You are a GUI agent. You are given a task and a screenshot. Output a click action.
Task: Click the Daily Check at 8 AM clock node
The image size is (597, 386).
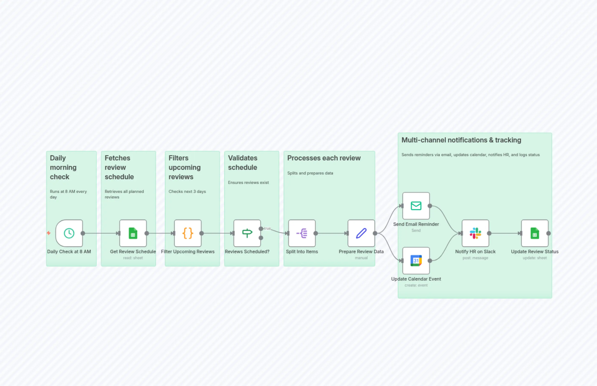click(69, 233)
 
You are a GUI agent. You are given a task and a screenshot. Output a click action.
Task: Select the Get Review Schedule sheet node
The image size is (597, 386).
click(133, 233)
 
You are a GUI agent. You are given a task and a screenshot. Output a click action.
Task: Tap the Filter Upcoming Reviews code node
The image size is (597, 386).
click(188, 233)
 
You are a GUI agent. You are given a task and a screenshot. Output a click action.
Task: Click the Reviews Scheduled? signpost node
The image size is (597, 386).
click(247, 233)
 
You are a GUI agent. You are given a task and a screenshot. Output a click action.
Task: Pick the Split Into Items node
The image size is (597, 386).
click(302, 233)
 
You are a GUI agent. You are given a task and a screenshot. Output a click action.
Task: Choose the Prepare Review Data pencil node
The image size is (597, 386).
click(361, 233)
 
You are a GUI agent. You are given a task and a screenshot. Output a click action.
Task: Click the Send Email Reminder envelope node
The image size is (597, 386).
click(416, 206)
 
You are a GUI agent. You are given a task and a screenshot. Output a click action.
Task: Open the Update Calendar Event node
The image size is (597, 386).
click(416, 261)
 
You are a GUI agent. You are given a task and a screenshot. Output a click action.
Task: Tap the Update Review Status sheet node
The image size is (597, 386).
click(535, 233)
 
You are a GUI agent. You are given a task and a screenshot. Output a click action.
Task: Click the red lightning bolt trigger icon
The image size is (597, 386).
click(49, 233)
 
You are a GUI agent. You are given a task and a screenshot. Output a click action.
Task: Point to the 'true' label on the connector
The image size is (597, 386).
click(268, 228)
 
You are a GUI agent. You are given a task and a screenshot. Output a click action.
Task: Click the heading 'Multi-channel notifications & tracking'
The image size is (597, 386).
click(461, 140)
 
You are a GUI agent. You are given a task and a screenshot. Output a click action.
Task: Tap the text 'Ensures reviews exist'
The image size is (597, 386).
click(248, 182)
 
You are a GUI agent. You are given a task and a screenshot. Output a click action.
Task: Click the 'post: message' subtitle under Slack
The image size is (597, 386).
click(475, 258)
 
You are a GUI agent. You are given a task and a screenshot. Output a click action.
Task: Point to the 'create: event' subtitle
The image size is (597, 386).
click(416, 285)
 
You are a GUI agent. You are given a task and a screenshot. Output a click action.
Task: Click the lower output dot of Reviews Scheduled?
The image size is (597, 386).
click(261, 238)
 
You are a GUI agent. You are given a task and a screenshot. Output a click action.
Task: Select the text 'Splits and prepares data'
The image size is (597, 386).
click(310, 173)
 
